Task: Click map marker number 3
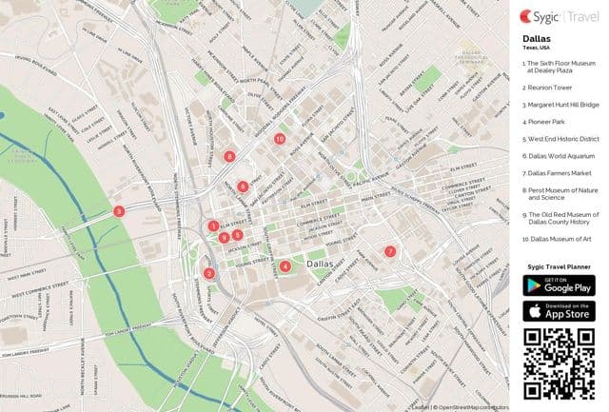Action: tap(118, 211)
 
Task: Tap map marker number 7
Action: tap(389, 251)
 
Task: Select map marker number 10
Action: tap(279, 138)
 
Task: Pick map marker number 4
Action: tap(285, 265)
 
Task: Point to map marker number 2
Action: tap(209, 274)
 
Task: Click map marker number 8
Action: tap(228, 155)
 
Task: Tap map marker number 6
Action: tap(244, 186)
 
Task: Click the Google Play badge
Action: tap(559, 285)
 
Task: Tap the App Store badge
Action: tap(559, 310)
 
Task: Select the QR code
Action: tap(559, 362)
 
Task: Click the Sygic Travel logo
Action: tap(558, 16)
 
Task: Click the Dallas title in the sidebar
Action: tap(537, 39)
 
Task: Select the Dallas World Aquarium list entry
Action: tap(559, 156)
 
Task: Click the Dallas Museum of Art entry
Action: tap(560, 239)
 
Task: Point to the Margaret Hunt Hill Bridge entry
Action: tap(562, 104)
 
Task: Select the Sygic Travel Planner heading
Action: tap(559, 269)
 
